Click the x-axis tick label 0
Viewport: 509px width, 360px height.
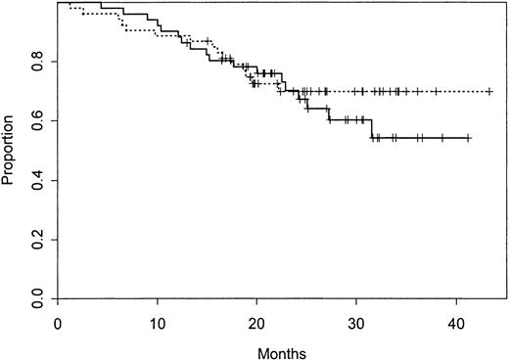[59, 323]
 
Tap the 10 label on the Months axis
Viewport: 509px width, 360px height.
[158, 323]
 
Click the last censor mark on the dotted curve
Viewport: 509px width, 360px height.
[488, 91]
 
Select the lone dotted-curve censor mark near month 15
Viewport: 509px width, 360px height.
[208, 41]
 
